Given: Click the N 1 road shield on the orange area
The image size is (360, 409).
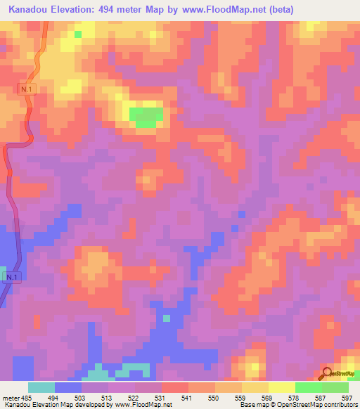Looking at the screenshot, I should point(27,90).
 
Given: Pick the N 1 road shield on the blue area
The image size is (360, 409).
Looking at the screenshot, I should point(10,278).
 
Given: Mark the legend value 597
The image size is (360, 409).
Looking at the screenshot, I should point(347,398).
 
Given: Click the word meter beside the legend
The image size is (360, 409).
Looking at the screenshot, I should point(10,398).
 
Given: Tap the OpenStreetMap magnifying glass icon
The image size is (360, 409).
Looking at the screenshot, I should point(327,374).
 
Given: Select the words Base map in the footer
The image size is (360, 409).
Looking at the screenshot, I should point(255,405).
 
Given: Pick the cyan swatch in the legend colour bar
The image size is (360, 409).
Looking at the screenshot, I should point(41,387).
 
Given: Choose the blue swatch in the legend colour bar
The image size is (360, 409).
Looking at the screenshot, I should point(68,387).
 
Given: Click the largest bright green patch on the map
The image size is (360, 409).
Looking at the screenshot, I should point(146,117).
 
